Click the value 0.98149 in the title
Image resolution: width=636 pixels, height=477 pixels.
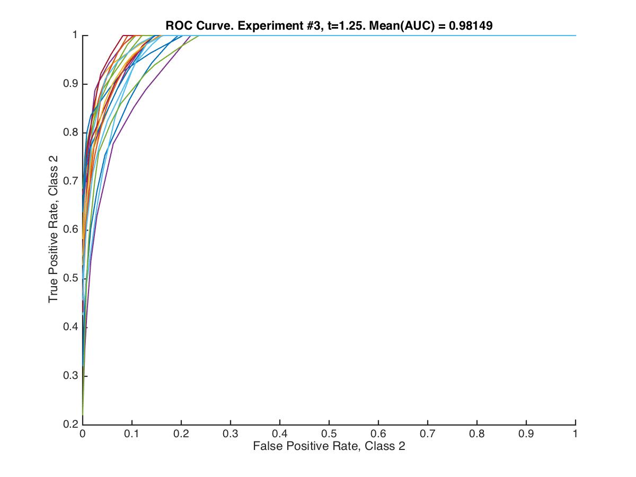[x=472, y=25]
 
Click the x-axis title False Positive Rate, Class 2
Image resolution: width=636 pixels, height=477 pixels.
[x=329, y=446]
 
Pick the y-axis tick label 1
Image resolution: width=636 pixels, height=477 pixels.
[x=75, y=36]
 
